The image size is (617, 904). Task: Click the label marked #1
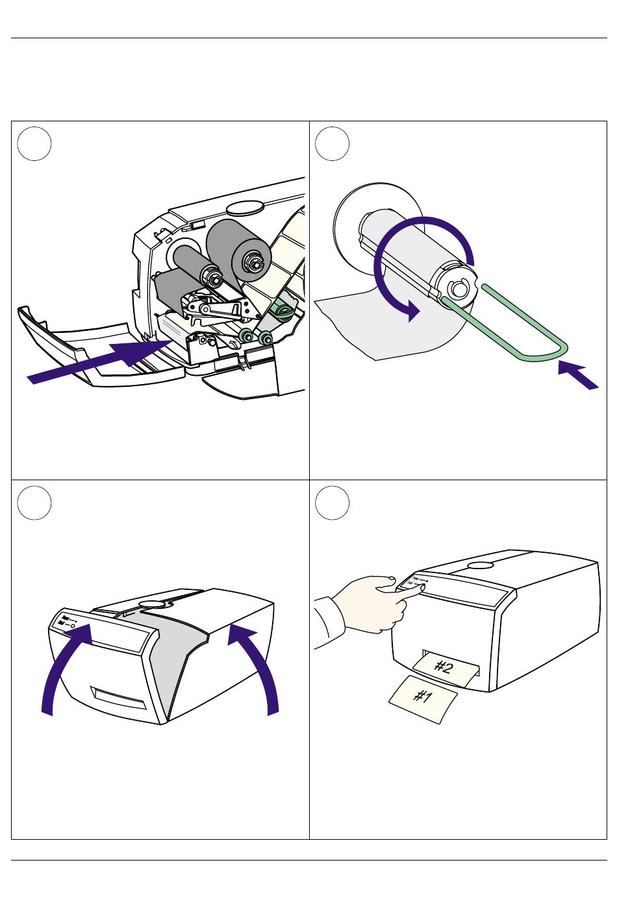pos(423,698)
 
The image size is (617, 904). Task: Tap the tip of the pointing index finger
pos(423,587)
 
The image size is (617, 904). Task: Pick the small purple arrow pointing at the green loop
pos(577,376)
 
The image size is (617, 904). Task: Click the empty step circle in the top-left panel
pos(34,143)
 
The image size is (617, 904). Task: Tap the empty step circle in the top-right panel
pos(333,143)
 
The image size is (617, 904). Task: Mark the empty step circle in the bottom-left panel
pos(34,502)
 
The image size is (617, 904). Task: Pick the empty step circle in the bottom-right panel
pos(333,502)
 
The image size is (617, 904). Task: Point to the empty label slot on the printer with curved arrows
pos(119,699)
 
